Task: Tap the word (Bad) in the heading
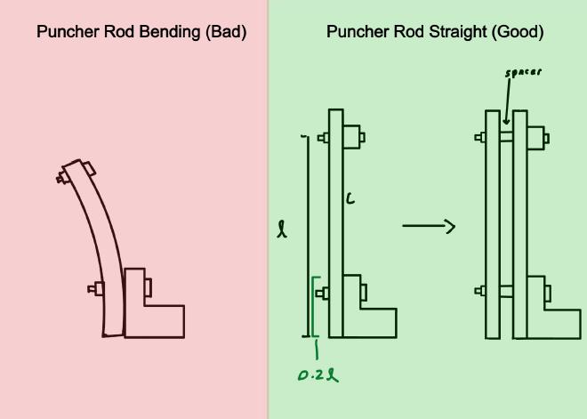click(x=225, y=32)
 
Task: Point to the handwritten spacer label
click(x=523, y=73)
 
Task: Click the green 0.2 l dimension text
click(x=318, y=375)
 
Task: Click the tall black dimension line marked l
click(x=308, y=236)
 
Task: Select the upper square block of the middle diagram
click(x=352, y=137)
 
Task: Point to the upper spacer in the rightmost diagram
click(x=507, y=137)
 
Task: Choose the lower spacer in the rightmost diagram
click(x=507, y=290)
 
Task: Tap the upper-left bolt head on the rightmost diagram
click(x=480, y=137)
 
